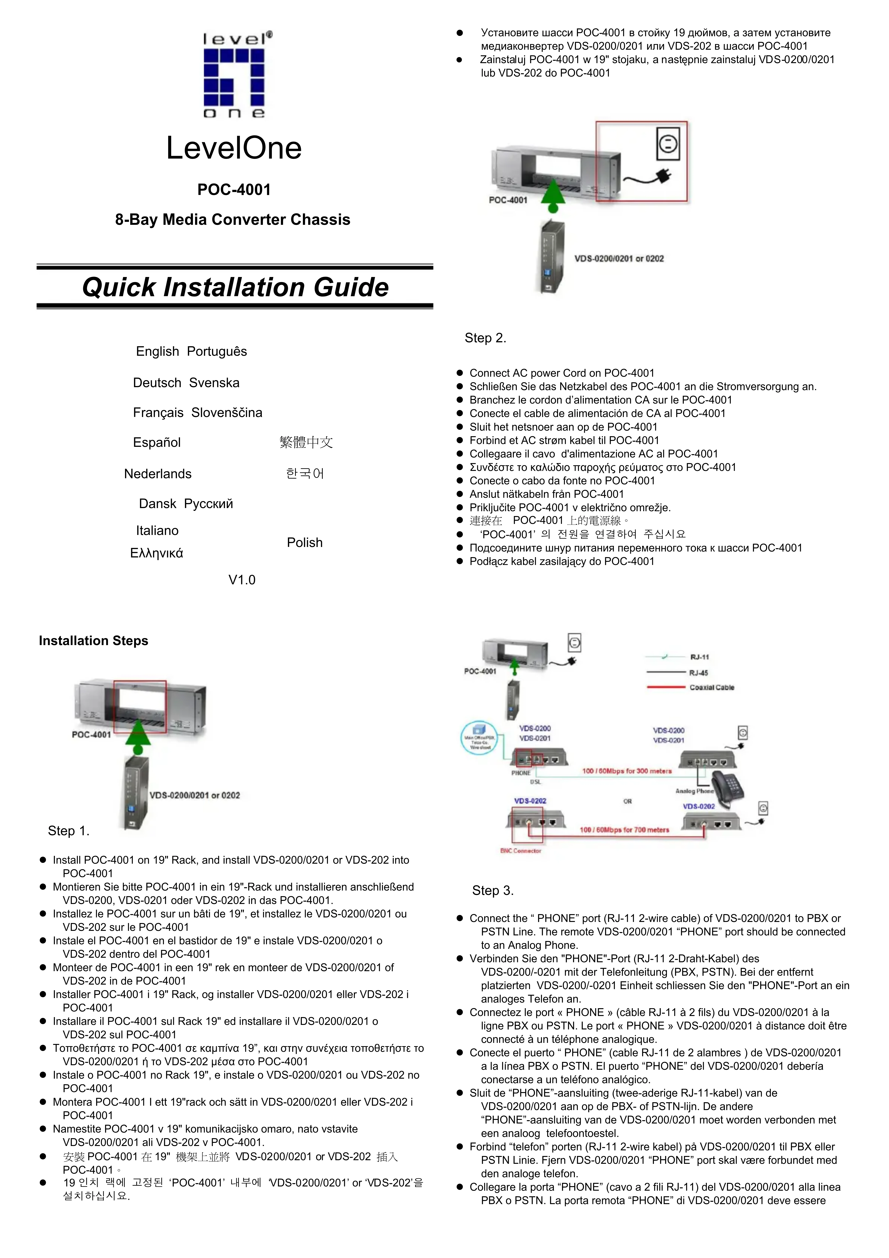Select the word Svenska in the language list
click(x=214, y=383)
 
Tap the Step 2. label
click(x=485, y=338)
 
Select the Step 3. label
click(x=493, y=890)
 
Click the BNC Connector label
click(x=521, y=851)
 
